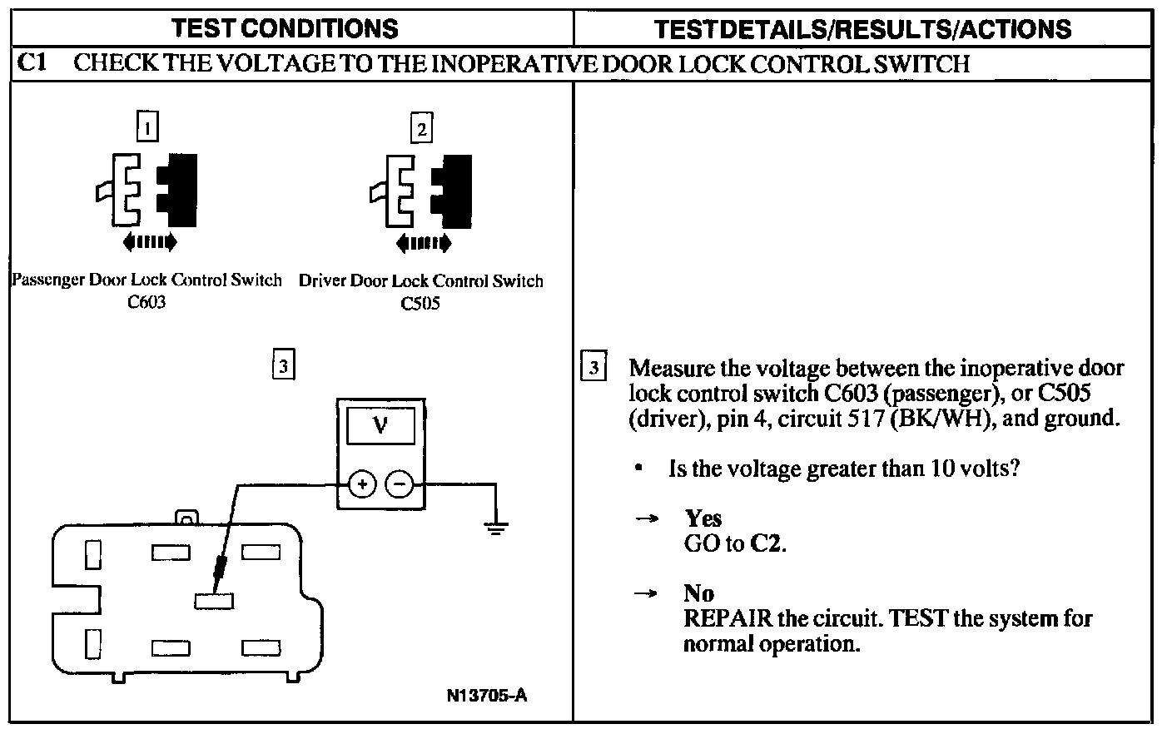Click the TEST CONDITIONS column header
[x=285, y=28]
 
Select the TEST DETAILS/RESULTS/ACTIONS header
[x=862, y=29]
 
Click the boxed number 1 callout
[x=147, y=127]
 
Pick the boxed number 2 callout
[x=422, y=128]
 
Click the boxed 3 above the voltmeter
[x=283, y=365]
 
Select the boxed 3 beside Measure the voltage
[x=593, y=368]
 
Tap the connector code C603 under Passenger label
[x=146, y=302]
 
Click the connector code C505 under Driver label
[x=420, y=303]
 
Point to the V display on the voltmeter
[x=380, y=426]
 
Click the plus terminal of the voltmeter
[x=361, y=483]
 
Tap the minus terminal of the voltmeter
[x=400, y=483]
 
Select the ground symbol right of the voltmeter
[x=496, y=527]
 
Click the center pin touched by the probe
[x=214, y=600]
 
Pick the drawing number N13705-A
[x=486, y=696]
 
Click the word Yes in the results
[x=703, y=518]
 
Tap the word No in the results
[x=698, y=593]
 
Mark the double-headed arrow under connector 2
[x=424, y=243]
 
